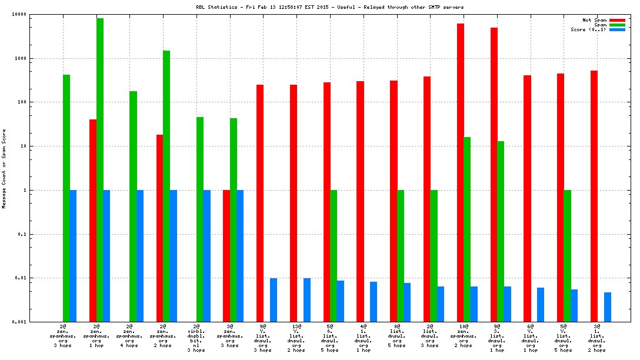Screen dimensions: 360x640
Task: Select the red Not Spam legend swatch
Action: [x=617, y=20]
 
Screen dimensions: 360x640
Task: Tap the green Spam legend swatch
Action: [x=617, y=25]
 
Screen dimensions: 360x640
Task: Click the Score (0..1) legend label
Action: [x=588, y=29]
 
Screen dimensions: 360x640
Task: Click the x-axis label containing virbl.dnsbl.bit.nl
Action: [x=196, y=337]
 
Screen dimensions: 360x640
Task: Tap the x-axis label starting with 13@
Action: [x=296, y=337]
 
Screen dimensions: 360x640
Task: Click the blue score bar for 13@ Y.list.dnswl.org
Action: [x=307, y=300]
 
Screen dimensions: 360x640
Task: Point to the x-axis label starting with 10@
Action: [x=463, y=337]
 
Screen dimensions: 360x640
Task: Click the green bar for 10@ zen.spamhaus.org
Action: [x=467, y=229]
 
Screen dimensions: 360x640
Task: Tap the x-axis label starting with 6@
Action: [x=530, y=337]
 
